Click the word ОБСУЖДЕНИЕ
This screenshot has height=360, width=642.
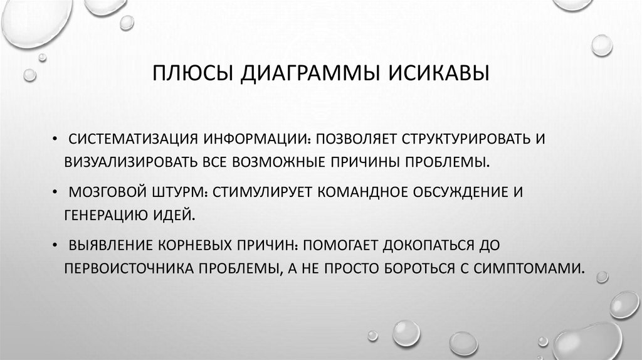(460, 192)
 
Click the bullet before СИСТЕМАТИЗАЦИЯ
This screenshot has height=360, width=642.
(57, 139)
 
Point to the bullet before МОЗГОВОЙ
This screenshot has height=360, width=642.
(57, 193)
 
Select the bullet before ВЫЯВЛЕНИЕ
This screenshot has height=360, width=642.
(57, 246)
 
